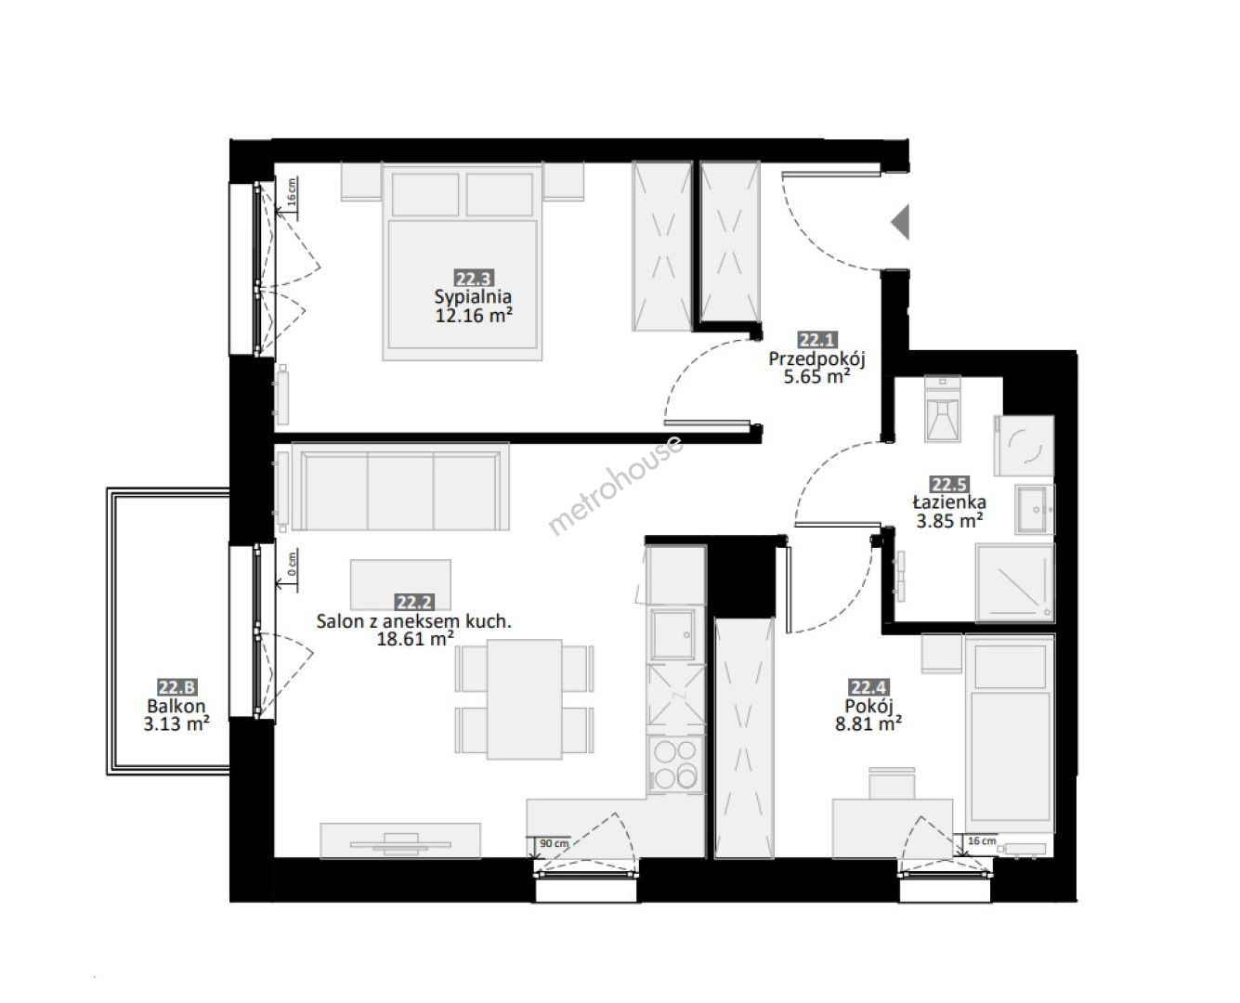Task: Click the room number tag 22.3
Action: point(474,279)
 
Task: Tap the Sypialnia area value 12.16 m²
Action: point(474,316)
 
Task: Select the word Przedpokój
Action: point(816,359)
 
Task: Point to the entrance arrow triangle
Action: point(900,222)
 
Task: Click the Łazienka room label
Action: point(949,501)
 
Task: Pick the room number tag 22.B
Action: point(177,687)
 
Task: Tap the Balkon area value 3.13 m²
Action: point(176,724)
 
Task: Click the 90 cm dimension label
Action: point(554,843)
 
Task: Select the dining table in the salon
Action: point(525,699)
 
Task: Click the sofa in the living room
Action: point(400,487)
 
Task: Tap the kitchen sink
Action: point(673,634)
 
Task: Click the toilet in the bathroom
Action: point(943,408)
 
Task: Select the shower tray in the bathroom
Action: point(1015,582)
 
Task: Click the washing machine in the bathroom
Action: point(1025,446)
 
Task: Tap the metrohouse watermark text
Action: point(615,485)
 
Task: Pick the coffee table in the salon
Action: point(400,585)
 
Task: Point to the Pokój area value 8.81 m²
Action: point(868,724)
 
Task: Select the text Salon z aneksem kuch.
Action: point(414,621)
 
